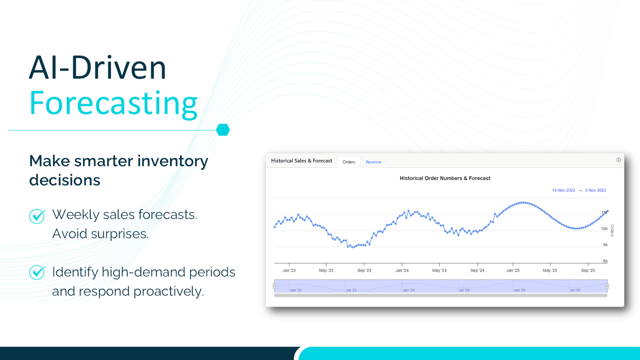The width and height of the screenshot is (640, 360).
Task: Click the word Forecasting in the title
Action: point(114,104)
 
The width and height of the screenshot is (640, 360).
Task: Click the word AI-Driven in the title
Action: point(98,68)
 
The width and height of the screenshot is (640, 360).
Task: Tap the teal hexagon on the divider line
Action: point(223,130)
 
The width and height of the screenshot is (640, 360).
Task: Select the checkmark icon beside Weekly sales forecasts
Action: point(37,216)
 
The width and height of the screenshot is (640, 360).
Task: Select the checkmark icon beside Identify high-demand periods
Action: point(37,272)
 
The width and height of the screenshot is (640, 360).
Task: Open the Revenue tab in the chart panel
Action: point(373,162)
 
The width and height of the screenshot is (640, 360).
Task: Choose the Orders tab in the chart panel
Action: point(349,162)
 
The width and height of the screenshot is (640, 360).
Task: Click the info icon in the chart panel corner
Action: point(618,160)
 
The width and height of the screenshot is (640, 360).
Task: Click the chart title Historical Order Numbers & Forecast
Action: point(445,178)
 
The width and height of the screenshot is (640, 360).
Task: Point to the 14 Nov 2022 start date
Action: point(563,190)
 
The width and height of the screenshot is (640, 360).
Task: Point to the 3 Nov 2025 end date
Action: point(595,190)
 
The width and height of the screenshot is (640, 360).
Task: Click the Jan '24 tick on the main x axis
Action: point(402,270)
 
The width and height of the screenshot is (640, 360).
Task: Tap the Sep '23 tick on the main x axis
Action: point(364,270)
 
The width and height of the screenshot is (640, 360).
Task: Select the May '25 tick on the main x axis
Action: point(550,270)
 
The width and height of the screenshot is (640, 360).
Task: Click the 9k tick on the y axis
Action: point(605,245)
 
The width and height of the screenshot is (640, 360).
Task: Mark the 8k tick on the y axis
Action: point(605,261)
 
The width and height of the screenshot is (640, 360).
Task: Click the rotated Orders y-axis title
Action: point(612,230)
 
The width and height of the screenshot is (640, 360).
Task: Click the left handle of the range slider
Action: point(274,286)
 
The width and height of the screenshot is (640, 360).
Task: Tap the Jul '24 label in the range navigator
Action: point(464,290)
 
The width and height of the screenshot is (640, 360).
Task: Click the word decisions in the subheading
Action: point(65,180)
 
